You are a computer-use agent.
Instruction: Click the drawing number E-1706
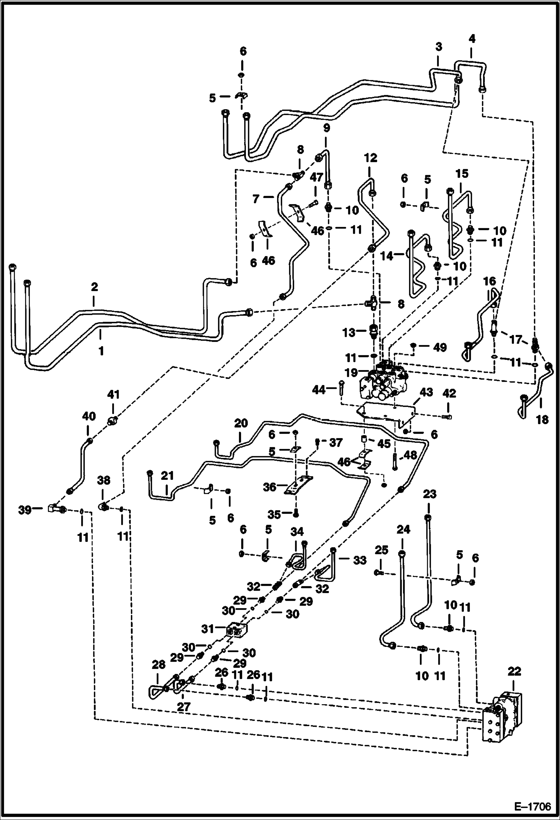click(533, 806)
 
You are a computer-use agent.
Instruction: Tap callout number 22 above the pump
click(514, 672)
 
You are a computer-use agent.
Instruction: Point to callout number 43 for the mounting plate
click(426, 392)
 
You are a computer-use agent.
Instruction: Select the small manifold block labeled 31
click(237, 631)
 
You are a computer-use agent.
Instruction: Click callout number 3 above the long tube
click(439, 47)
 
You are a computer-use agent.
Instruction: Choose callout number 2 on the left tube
click(94, 287)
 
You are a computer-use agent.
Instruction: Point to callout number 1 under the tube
click(101, 351)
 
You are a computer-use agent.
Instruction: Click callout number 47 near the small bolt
click(316, 178)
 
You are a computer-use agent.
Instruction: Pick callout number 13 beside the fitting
click(350, 332)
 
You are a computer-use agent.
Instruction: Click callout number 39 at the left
click(25, 510)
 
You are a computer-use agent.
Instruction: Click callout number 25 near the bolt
click(382, 550)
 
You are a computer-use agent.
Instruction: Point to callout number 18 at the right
click(542, 419)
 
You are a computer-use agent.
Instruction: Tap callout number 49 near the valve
click(440, 347)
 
